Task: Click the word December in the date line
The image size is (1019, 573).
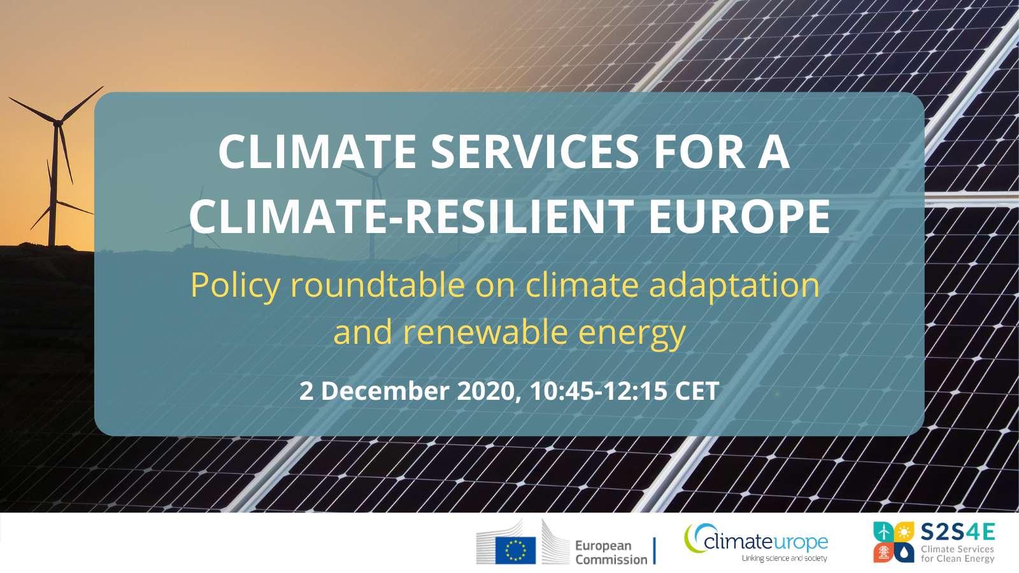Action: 385,391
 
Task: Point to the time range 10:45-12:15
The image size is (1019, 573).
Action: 599,391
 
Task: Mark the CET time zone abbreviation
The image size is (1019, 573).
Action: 697,391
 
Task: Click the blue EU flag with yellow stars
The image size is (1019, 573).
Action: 515,550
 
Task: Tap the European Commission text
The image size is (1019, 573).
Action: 611,553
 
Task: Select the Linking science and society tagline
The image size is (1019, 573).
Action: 784,558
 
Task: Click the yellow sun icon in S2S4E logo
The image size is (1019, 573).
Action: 904,531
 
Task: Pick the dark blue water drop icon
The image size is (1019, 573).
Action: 904,553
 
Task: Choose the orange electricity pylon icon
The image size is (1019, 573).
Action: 883,553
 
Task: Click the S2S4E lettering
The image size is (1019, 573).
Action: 958,532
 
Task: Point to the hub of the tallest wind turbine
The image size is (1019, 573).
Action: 58,122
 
